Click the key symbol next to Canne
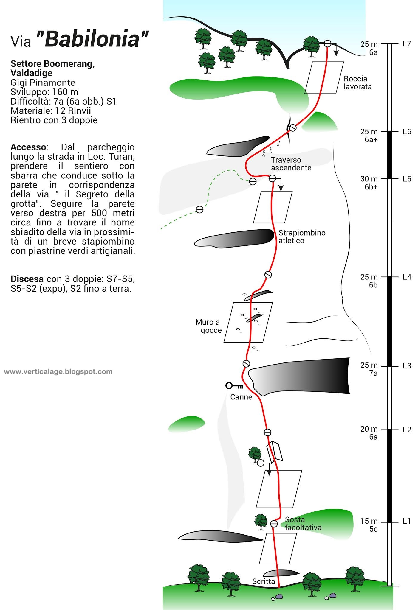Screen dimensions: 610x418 [x=234, y=386]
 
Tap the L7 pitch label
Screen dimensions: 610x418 [x=407, y=44]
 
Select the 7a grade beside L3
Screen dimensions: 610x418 [x=373, y=373]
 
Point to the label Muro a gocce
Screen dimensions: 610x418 [x=209, y=326]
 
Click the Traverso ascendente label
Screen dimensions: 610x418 [x=291, y=164]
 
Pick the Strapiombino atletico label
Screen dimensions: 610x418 [x=302, y=237]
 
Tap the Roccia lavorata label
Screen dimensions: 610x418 [x=357, y=83]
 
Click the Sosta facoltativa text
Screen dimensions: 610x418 [x=303, y=524]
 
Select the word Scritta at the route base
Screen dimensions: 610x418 [x=264, y=581]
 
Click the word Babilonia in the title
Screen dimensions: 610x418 [x=92, y=39]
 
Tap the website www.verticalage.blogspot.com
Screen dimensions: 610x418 [x=58, y=371]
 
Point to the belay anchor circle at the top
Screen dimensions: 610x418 [x=327, y=43]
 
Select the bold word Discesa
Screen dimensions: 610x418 [x=27, y=279]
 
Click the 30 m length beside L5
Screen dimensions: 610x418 [x=369, y=179]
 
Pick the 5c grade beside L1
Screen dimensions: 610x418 [x=373, y=529]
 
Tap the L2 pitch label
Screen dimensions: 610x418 [x=407, y=430]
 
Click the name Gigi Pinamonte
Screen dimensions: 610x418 [x=43, y=83]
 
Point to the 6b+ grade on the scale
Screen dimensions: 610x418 [x=371, y=187]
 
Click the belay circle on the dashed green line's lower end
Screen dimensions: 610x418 [x=199, y=210]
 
